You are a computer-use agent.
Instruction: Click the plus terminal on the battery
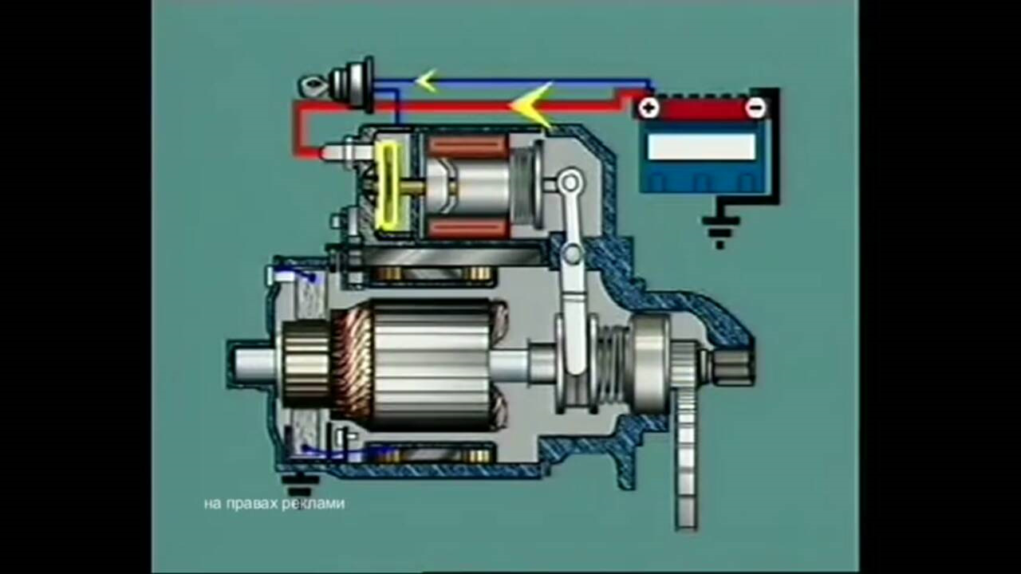(648, 108)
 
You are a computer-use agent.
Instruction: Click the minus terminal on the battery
(755, 108)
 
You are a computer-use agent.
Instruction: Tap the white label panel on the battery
(701, 147)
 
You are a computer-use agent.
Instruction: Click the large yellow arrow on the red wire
(531, 106)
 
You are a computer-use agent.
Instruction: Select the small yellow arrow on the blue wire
(426, 81)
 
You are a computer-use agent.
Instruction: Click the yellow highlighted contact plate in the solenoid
(388, 186)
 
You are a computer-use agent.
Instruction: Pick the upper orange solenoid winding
(467, 146)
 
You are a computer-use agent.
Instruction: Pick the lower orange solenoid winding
(467, 228)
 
